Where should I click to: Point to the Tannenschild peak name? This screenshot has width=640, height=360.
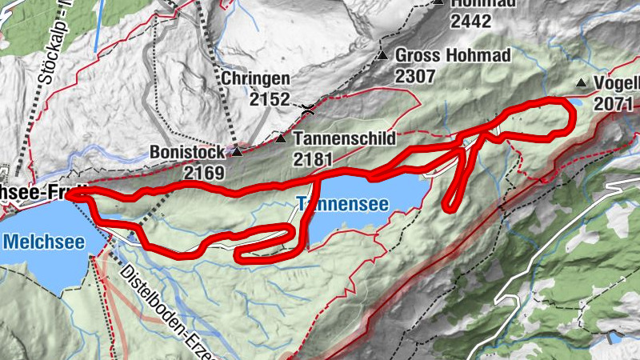pos(344,138)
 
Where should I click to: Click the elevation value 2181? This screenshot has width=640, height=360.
pos(312,158)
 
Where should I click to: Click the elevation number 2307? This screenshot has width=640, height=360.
pos(414,77)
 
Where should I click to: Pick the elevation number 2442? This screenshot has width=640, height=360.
pos(470,22)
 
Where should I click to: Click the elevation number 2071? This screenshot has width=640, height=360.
pos(614,103)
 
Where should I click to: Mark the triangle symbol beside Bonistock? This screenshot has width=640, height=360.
pos(237,150)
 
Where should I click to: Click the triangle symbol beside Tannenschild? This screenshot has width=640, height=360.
pos(281,138)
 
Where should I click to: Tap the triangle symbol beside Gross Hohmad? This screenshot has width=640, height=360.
pos(383,56)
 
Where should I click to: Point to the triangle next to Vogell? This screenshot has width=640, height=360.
pos(582,83)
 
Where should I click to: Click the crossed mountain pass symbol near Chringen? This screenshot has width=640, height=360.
pos(307,106)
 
